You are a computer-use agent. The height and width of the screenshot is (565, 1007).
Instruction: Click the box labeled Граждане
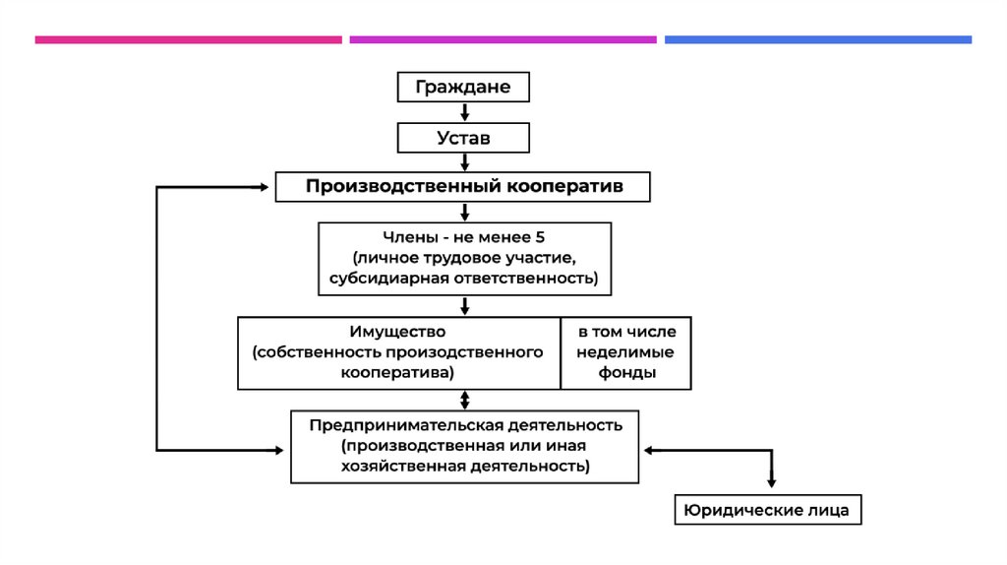[462, 87]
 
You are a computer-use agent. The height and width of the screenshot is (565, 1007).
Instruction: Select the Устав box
[463, 137]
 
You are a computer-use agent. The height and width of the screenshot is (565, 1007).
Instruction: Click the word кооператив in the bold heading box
[566, 186]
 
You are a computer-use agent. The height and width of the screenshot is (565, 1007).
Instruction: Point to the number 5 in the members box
[540, 237]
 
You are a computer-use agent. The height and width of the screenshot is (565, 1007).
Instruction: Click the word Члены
[406, 237]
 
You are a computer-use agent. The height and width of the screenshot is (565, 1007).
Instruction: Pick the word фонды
[625, 373]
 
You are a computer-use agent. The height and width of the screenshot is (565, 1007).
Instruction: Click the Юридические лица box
[768, 510]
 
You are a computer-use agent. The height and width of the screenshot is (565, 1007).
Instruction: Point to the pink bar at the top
[188, 40]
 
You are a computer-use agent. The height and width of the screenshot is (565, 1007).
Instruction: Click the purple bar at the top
[503, 40]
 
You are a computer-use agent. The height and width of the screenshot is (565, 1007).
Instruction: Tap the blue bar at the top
[817, 40]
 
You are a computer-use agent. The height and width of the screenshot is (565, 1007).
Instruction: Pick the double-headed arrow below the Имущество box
[464, 400]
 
